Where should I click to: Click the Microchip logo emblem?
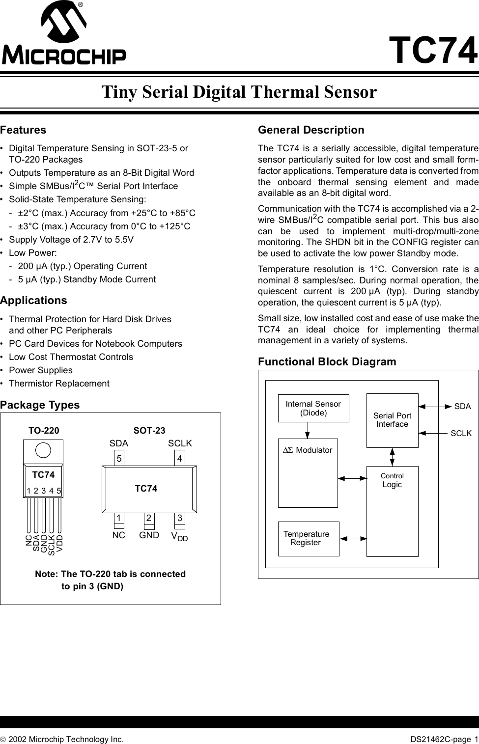coord(64,24)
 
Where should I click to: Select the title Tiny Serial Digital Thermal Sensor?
coord(239,92)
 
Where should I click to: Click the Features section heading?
coord(23,130)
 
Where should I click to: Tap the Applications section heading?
coord(33,300)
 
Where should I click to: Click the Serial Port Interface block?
coord(392,420)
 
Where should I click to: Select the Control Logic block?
coord(392,511)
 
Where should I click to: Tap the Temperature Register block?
coord(309,538)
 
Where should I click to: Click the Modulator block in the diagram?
coord(308,472)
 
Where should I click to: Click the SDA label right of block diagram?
coord(462,407)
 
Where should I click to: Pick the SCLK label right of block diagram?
coord(461,433)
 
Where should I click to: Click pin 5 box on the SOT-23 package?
coord(118,459)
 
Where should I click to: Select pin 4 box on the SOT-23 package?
coord(180,459)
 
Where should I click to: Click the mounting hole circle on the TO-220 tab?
coord(43,450)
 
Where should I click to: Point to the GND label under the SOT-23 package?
coord(149,535)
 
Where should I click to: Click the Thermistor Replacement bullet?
coord(59,383)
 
